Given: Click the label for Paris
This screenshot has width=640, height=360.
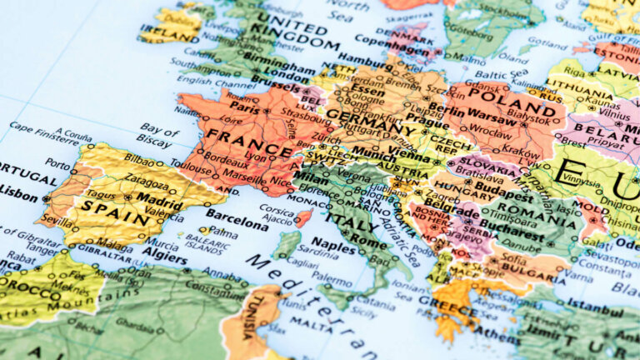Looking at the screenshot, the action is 245,107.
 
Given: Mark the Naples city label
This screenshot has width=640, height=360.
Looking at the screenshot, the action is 334,247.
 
